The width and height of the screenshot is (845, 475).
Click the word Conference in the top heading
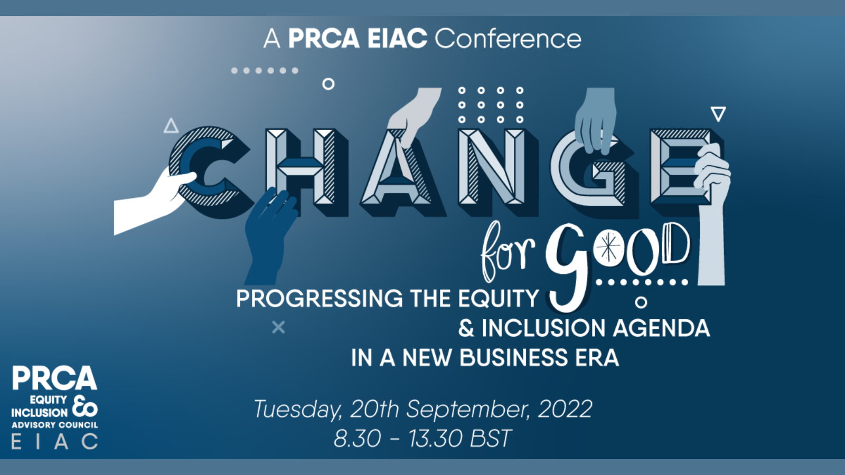508,39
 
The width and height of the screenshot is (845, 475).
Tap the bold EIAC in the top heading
397,39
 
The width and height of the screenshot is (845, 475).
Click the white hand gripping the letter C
151,200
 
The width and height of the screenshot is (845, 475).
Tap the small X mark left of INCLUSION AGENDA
278,327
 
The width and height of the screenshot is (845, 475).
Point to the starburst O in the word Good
608,248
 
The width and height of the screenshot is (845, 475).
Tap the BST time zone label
491,438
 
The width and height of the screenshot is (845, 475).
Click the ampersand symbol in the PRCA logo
85,406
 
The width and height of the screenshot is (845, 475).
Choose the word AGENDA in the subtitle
662,328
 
